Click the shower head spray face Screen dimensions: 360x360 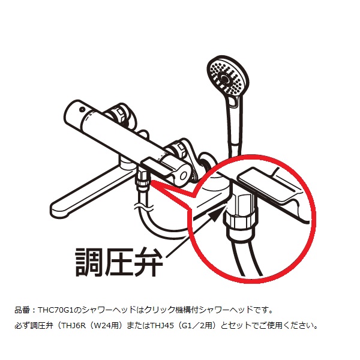228,76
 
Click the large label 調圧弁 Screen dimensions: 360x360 119,262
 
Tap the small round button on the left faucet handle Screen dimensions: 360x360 82,110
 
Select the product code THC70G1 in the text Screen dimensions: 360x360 56,310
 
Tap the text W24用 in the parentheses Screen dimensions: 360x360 105,326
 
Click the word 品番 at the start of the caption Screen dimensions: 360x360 22,310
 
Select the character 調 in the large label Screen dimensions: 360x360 89,262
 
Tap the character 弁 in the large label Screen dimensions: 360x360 149,262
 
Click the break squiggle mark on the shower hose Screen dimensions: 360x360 143,208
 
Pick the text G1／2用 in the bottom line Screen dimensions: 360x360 196,326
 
